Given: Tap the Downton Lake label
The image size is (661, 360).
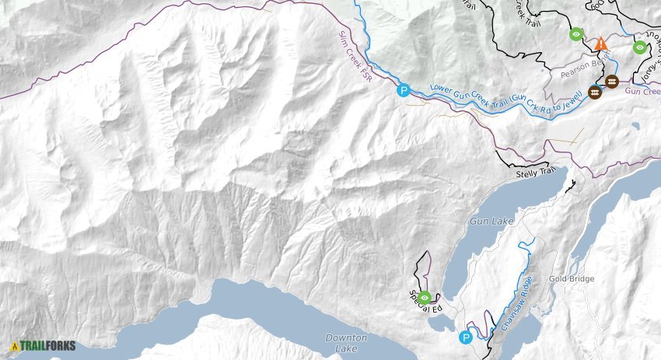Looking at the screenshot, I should pos(343,343).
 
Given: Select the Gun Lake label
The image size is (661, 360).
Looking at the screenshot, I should pos(491,222).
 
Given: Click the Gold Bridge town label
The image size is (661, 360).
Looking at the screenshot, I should pos(572,279).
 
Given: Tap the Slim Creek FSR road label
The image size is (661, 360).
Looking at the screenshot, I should pos(355,59).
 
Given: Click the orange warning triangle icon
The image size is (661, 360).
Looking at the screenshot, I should pos(600,44).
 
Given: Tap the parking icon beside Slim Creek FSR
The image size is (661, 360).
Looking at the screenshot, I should pos(403,89).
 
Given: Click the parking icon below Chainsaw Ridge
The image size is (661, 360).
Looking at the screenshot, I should pos(466,337).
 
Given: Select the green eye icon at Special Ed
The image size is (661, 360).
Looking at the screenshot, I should pos(425,297).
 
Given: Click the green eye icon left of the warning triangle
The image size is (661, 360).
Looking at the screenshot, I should pos(575,33).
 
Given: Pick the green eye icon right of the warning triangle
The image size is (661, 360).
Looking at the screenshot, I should pos(639,47).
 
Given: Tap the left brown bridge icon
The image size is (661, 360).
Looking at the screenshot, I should pos(595,93).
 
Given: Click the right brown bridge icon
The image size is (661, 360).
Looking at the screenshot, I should pos(612,82).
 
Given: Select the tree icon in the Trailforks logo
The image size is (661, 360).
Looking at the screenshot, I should pos(15,346).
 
